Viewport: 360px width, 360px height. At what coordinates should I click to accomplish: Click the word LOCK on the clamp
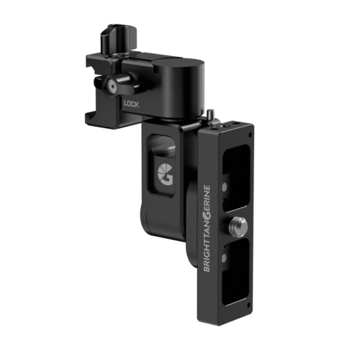tap(131, 104)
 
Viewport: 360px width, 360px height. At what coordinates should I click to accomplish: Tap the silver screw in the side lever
tap(112, 85)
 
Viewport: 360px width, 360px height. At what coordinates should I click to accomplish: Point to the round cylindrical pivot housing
tap(179, 87)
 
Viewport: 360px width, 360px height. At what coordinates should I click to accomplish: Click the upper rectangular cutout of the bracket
tap(236, 178)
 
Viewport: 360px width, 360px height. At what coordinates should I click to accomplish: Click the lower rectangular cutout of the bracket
tap(235, 272)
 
